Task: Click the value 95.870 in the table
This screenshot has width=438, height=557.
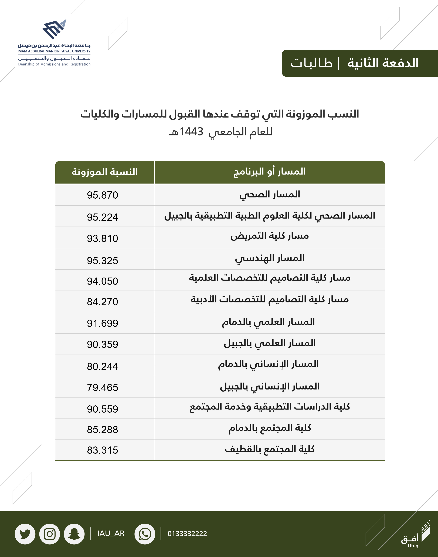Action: click(x=102, y=195)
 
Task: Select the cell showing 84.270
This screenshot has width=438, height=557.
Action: click(x=102, y=302)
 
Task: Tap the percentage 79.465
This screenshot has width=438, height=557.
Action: click(x=102, y=388)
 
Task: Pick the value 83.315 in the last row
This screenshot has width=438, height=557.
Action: click(x=102, y=450)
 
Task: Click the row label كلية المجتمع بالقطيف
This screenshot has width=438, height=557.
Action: click(x=270, y=449)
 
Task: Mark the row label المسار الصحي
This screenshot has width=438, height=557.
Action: click(x=270, y=195)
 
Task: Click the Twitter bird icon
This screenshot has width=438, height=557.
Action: click(x=25, y=534)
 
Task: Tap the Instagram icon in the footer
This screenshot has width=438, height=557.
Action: click(x=49, y=534)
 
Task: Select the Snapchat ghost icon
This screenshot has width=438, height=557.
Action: click(x=74, y=534)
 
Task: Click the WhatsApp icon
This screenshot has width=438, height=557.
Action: click(x=145, y=534)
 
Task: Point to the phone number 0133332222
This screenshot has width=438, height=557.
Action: click(x=187, y=534)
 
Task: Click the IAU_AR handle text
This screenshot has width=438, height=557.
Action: click(x=111, y=534)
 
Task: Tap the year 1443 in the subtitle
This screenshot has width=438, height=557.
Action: click(x=191, y=132)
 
